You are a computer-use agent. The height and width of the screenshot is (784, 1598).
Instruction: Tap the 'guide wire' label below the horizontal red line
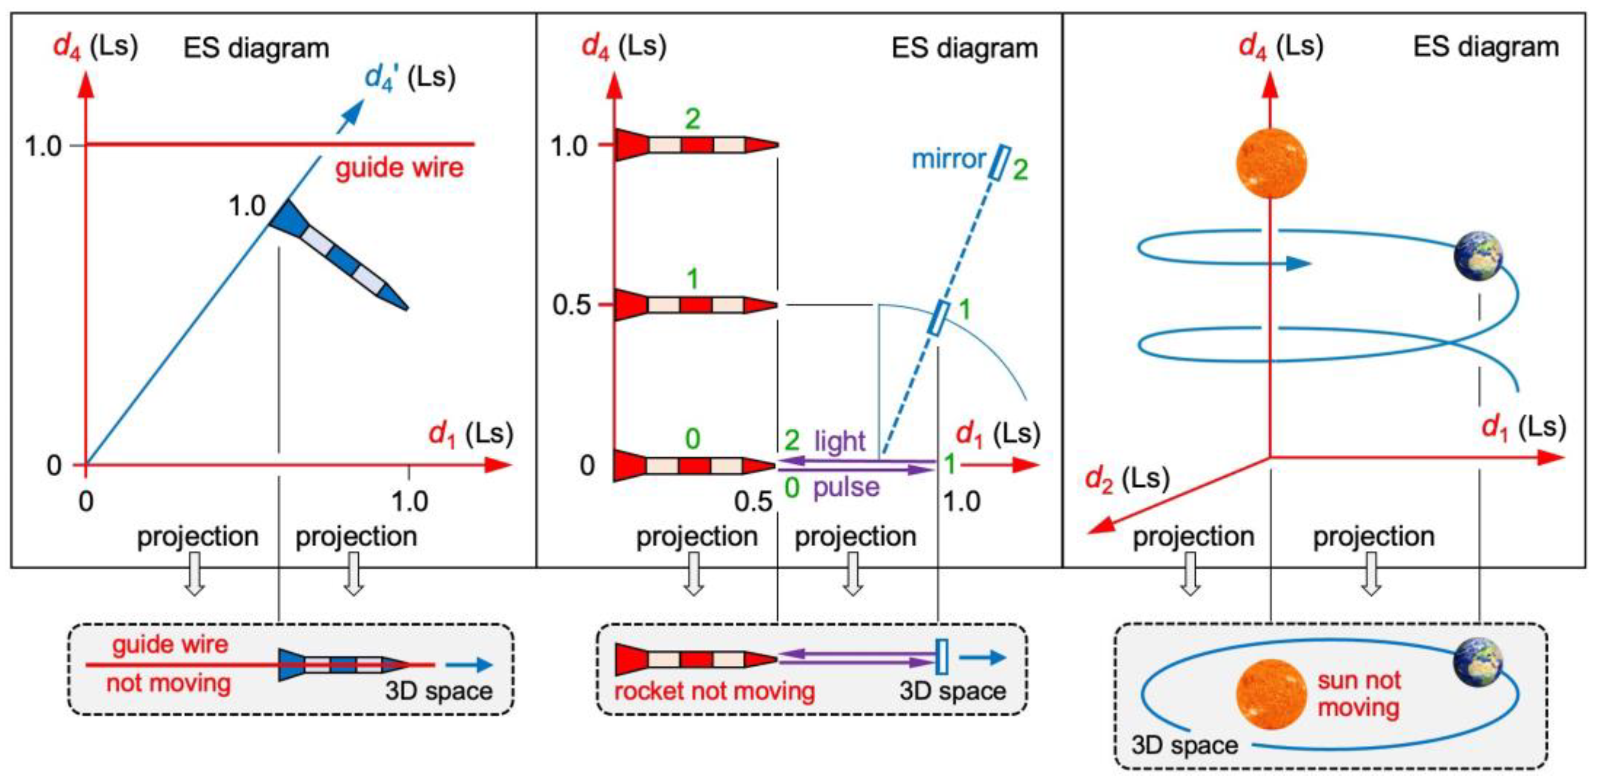click(399, 168)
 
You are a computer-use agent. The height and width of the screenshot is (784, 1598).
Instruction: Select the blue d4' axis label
click(410, 78)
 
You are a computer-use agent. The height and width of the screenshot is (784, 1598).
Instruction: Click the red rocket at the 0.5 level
click(695, 305)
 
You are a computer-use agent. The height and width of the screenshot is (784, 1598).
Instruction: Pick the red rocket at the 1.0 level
click(695, 145)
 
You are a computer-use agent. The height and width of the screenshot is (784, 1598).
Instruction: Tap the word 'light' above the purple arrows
click(840, 441)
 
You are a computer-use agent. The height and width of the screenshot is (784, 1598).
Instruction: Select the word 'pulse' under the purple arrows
click(846, 487)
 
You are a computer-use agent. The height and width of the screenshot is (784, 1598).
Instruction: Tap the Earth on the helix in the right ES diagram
click(1478, 255)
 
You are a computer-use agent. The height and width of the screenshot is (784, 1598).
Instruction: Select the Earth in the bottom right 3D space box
click(1478, 662)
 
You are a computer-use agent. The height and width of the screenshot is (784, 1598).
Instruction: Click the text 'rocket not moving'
click(714, 691)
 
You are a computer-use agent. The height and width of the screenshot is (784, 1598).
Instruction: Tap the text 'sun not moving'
click(1359, 694)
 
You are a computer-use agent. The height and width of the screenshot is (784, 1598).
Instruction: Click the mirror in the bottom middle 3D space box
click(942, 657)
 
